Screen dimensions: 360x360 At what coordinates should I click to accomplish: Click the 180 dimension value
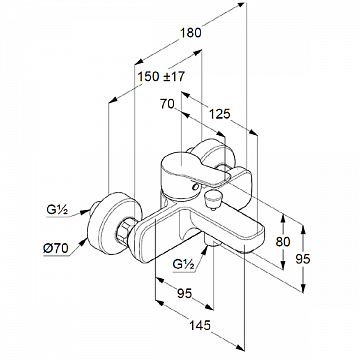point(191,33)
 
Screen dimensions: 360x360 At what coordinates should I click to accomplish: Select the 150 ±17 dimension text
point(161,77)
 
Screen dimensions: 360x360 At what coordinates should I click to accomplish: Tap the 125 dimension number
point(220,114)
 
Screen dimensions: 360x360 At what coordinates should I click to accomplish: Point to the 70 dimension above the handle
point(167,104)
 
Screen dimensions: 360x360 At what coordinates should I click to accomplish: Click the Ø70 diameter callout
point(56,248)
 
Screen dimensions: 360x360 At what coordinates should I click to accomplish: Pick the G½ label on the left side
point(57,210)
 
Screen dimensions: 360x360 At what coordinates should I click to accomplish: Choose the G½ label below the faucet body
point(184,264)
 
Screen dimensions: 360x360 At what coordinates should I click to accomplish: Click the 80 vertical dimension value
point(283,242)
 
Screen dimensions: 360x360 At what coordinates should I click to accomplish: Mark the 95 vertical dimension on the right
point(303,259)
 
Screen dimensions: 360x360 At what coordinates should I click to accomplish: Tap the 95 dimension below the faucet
point(185,293)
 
